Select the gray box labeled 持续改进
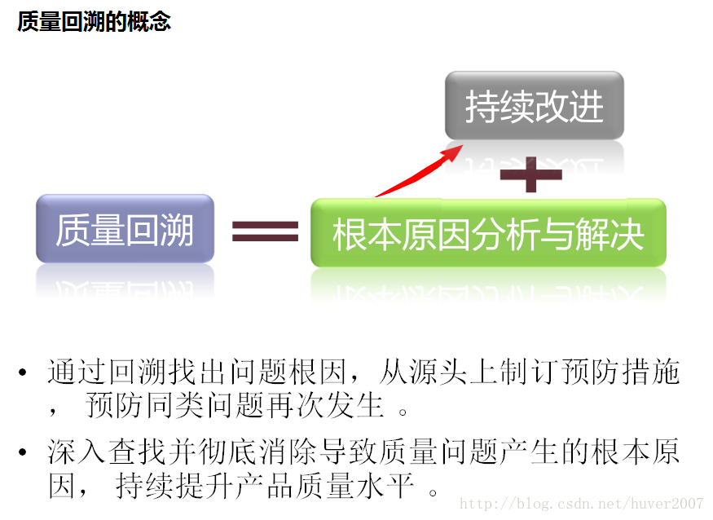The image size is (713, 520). [535, 106]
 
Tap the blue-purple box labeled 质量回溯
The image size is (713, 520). [125, 229]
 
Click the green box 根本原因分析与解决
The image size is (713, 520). [488, 233]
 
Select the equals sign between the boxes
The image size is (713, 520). [265, 232]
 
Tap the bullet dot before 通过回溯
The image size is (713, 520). [24, 375]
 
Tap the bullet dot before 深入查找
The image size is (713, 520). [24, 452]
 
